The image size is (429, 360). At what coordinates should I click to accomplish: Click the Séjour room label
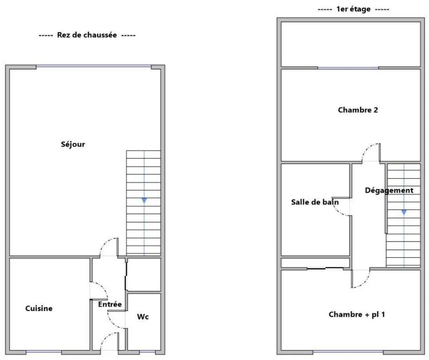point(73,144)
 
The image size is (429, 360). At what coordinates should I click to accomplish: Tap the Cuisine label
point(39,308)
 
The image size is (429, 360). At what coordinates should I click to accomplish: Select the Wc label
point(143,317)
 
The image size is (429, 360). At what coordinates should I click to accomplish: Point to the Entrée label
point(110,304)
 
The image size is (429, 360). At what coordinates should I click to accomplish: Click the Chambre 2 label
point(358,110)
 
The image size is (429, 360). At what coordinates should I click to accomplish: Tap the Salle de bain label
point(315,202)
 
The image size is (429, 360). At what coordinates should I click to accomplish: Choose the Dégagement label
point(389,190)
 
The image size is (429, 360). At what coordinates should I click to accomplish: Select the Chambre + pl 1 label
point(357,314)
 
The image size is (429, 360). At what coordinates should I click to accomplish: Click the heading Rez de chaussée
point(87,35)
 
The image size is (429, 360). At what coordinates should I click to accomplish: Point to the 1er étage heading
point(353,9)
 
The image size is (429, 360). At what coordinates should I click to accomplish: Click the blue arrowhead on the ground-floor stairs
point(144,201)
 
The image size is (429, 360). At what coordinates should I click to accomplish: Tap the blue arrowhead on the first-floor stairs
point(404,212)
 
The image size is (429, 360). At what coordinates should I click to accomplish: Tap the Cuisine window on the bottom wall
point(44,352)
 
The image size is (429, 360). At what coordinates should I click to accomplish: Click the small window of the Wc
point(147,352)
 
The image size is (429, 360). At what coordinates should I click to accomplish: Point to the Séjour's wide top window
point(94,66)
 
